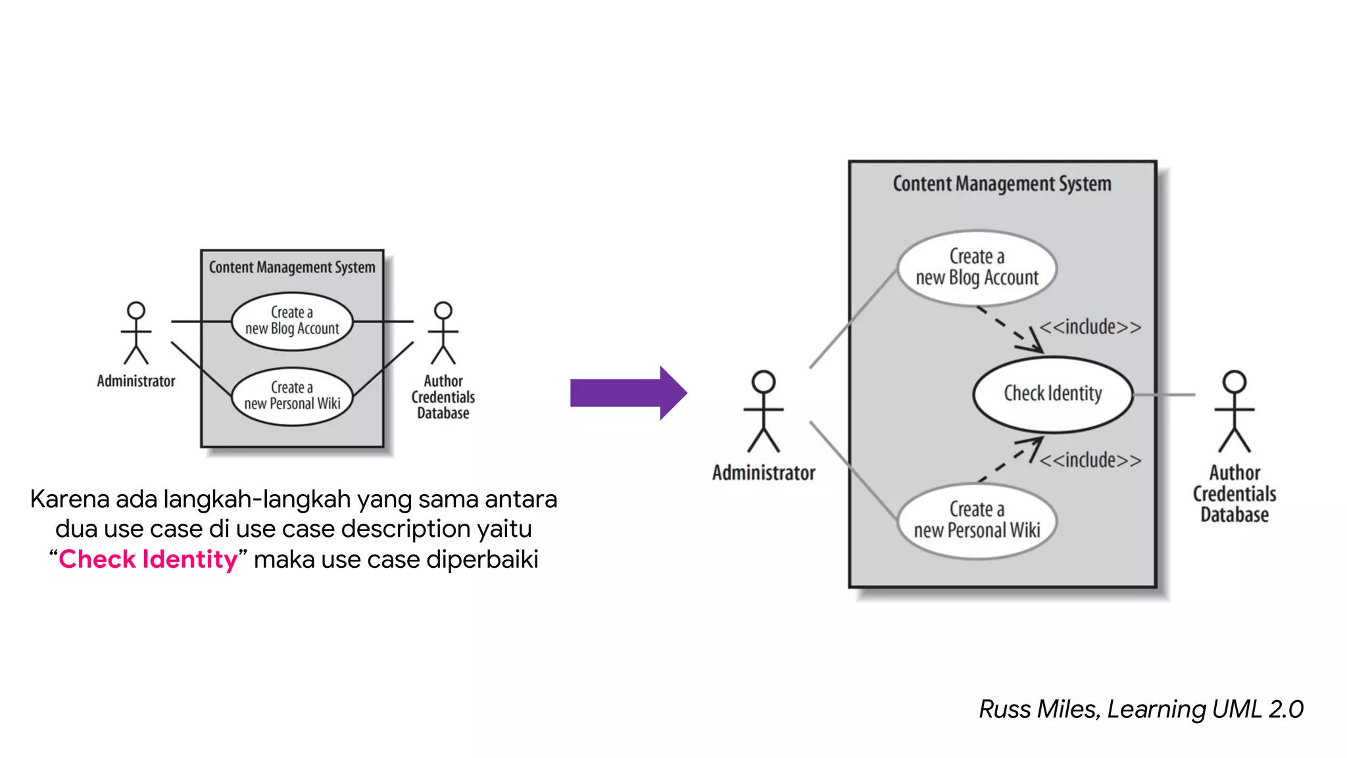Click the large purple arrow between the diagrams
(x=628, y=393)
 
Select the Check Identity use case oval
(x=1052, y=394)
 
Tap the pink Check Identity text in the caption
(x=148, y=559)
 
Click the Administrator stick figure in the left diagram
(x=136, y=333)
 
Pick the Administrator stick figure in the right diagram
(x=764, y=412)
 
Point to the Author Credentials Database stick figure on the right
(x=1235, y=412)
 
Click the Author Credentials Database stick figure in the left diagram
(x=443, y=333)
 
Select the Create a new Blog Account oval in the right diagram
(x=977, y=267)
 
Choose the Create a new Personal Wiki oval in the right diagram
(x=977, y=520)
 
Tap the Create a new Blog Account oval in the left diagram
(x=292, y=320)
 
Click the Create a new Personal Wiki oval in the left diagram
(x=292, y=396)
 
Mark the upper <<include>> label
(x=1090, y=327)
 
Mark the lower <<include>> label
(x=1090, y=460)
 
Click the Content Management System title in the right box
(x=1002, y=184)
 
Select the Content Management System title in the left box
(x=292, y=267)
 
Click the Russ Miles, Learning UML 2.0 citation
(x=1140, y=709)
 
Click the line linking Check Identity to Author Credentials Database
(x=1164, y=395)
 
